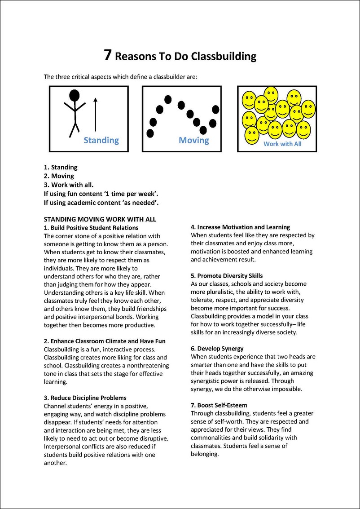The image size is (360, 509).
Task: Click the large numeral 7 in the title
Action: click(108, 55)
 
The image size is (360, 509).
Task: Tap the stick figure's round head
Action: click(75, 95)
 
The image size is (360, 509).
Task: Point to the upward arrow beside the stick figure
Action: click(95, 115)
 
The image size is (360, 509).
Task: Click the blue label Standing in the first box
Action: click(101, 140)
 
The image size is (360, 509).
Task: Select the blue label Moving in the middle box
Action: click(194, 140)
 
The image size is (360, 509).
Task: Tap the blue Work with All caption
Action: click(282, 144)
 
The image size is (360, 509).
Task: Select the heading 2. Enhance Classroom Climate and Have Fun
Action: click(104, 341)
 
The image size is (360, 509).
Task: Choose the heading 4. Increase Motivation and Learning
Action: click(241, 227)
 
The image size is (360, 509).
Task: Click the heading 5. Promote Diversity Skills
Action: click(227, 275)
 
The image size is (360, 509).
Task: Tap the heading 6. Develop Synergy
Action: click(217, 348)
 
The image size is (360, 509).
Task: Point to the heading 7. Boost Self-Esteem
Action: click(219, 405)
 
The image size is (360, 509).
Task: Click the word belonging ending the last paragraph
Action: click(204, 454)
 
